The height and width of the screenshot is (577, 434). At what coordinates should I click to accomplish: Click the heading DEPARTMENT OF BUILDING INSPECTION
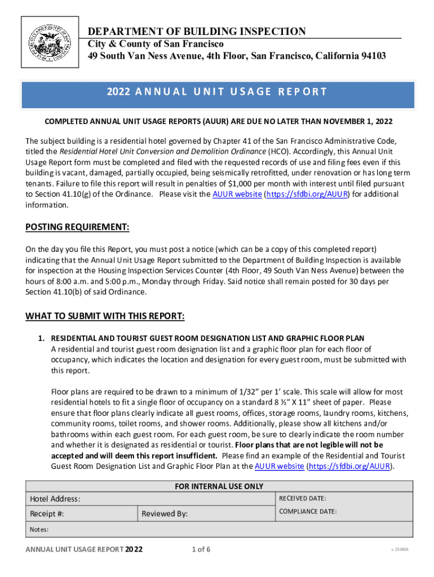[196, 32]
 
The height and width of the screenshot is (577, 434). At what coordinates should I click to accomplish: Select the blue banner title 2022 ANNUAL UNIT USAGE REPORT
[217, 92]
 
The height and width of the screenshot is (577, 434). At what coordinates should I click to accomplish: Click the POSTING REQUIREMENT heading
[77, 228]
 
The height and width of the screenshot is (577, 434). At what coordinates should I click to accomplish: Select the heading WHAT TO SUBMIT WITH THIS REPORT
[105, 316]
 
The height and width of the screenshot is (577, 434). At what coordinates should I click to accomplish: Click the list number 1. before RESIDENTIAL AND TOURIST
[41, 339]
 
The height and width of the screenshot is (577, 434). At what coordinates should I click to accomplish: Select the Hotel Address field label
[55, 499]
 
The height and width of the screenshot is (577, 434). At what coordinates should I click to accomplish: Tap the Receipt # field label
[46, 513]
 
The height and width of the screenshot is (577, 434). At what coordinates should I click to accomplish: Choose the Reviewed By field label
[165, 513]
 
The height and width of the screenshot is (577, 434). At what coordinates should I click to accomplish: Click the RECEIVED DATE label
[303, 498]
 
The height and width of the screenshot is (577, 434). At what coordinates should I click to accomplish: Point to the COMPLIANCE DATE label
[308, 512]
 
